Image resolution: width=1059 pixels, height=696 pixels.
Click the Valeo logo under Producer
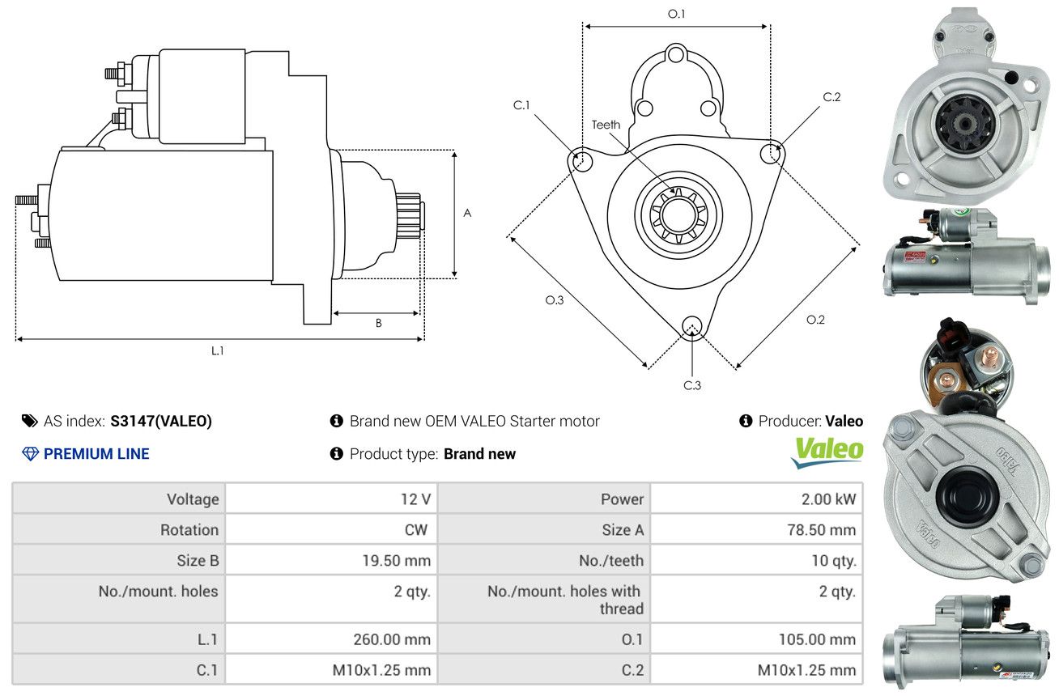coord(827,452)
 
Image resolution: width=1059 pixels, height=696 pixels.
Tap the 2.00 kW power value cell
coord(828,499)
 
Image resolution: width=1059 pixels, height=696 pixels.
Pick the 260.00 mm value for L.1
coord(392,639)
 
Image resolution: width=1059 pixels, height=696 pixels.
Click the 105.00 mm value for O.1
coord(817,639)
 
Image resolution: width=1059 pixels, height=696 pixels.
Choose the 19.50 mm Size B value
coord(396,560)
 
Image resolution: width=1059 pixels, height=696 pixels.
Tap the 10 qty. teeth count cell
coord(833,560)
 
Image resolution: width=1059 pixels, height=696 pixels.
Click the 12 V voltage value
coord(415,499)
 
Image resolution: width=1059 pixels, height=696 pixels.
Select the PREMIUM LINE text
coord(96,454)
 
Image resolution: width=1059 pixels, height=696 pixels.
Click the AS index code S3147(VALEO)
coord(161,421)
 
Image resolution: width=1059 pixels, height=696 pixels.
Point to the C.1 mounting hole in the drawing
coord(581,161)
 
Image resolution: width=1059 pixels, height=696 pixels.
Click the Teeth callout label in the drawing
coord(606,125)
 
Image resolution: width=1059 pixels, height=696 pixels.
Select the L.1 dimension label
coord(217,350)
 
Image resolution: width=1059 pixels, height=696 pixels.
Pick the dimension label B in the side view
coord(378,323)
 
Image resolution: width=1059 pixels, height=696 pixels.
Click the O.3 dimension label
coord(554,299)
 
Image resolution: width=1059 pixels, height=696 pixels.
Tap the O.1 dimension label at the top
coord(676,15)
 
